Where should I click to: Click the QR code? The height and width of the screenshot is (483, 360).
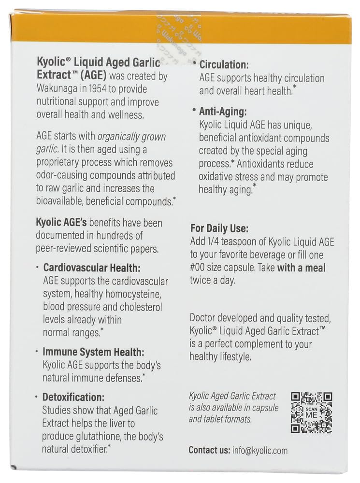click(311, 412)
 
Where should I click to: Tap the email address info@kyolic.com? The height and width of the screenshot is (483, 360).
click(260, 451)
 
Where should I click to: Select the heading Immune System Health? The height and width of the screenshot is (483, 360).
click(93, 353)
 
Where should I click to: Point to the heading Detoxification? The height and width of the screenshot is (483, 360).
click(73, 398)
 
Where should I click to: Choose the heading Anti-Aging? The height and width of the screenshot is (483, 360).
click(223, 111)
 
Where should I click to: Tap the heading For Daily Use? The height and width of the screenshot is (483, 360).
click(220, 229)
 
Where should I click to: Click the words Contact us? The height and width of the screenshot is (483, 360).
click(209, 451)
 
